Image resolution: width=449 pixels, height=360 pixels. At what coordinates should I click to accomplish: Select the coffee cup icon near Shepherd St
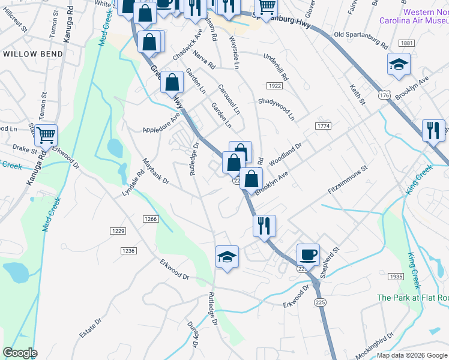pyautogui.click(x=308, y=254)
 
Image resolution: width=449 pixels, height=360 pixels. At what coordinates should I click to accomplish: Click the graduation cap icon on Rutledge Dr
pyautogui.click(x=227, y=257)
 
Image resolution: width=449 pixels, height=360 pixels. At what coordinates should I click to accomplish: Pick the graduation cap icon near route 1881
pyautogui.click(x=398, y=64)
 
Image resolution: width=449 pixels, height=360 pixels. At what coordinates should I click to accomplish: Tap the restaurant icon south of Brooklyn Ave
pyautogui.click(x=264, y=226)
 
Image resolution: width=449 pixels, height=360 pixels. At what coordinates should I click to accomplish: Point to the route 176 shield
pyautogui.click(x=385, y=95)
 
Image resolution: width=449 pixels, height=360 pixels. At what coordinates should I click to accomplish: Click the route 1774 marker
pyautogui.click(x=323, y=125)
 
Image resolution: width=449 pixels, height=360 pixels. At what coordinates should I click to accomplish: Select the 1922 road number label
pyautogui.click(x=275, y=86)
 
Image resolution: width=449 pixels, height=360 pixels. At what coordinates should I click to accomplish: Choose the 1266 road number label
pyautogui.click(x=151, y=220)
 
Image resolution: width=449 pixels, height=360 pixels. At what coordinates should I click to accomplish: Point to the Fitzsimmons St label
pyautogui.click(x=347, y=181)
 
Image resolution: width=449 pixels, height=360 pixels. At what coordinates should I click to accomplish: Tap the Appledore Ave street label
pyautogui.click(x=161, y=124)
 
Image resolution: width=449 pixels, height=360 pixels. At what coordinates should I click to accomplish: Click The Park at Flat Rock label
pyautogui.click(x=412, y=298)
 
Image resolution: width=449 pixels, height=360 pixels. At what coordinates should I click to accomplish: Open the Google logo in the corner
pyautogui.click(x=20, y=353)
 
